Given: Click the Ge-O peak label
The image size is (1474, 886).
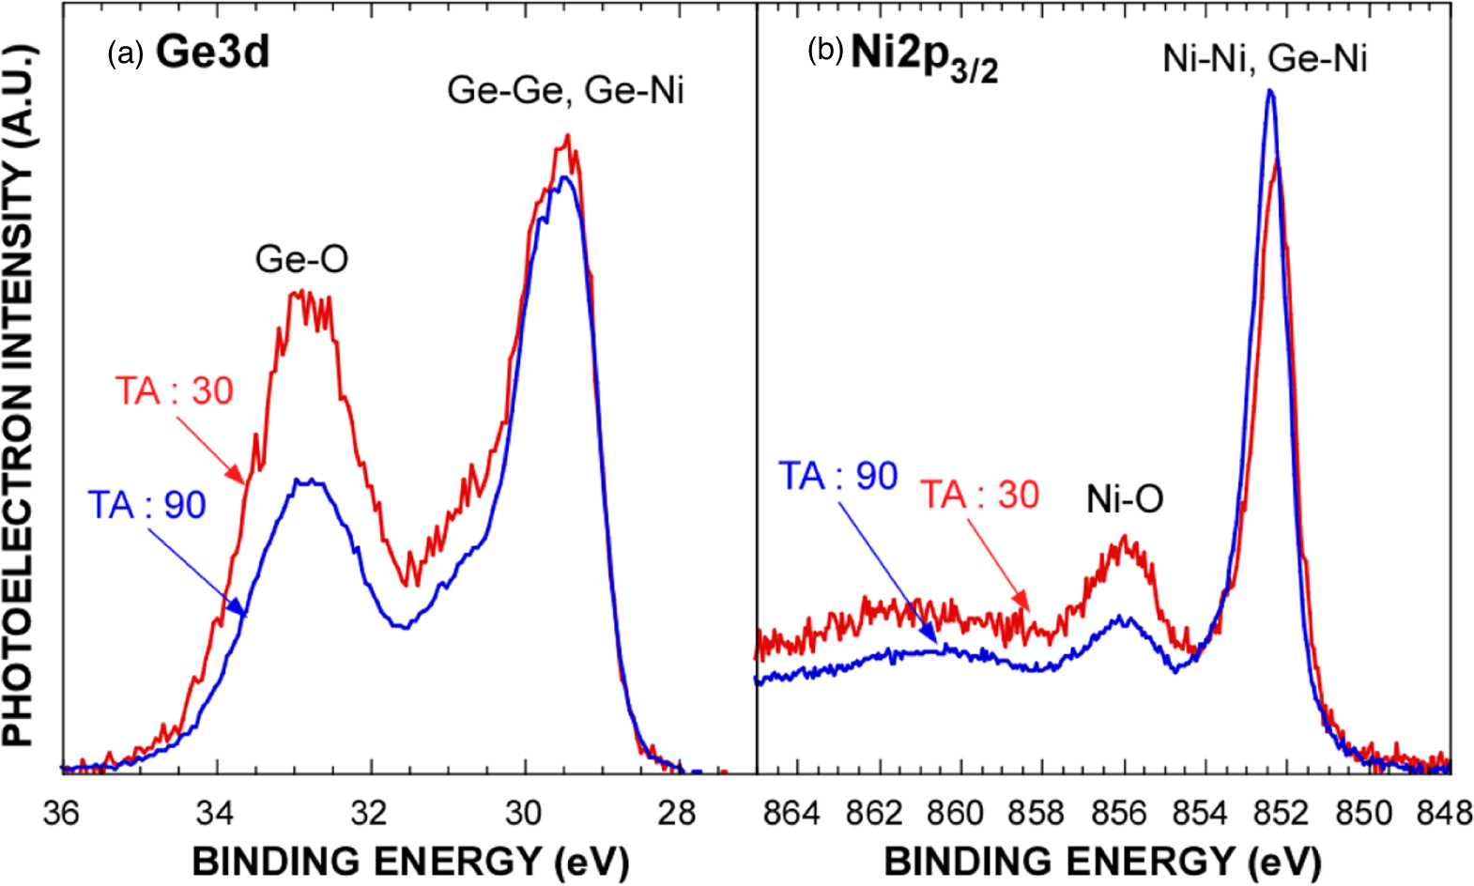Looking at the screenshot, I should tap(301, 259).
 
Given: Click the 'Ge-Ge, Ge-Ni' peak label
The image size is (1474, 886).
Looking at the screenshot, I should tap(565, 91).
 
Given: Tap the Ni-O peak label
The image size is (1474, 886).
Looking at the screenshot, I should tap(1125, 498).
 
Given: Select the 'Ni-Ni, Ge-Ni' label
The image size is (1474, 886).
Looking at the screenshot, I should tap(1265, 58).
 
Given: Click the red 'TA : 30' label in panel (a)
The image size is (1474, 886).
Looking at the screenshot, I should tap(174, 390).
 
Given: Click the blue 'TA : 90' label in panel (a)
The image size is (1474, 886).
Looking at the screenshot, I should tap(146, 505).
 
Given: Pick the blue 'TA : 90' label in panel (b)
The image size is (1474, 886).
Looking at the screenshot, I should tap(838, 476).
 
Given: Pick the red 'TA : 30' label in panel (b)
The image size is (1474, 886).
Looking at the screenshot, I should tap(979, 495).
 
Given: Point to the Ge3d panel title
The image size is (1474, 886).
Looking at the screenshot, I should tap(213, 52).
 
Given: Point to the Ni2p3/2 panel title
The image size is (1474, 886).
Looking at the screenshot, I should tap(924, 56).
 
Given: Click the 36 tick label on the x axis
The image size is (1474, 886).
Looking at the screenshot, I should tap(62, 812).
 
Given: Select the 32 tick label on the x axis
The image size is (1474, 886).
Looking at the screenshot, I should tap(370, 812).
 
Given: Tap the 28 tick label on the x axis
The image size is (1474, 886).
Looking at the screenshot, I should tap(678, 812).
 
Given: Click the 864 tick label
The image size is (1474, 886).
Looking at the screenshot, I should tap(791, 812).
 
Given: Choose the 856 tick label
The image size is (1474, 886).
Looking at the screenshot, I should tap(1119, 812).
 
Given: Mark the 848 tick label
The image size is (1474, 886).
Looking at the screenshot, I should tap(1446, 812).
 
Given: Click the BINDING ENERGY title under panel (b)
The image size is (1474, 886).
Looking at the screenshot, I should tap(1102, 861).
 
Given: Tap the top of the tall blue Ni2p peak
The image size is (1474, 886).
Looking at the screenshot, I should tap(1270, 91).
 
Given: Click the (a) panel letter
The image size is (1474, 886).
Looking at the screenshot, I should tap(126, 53).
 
